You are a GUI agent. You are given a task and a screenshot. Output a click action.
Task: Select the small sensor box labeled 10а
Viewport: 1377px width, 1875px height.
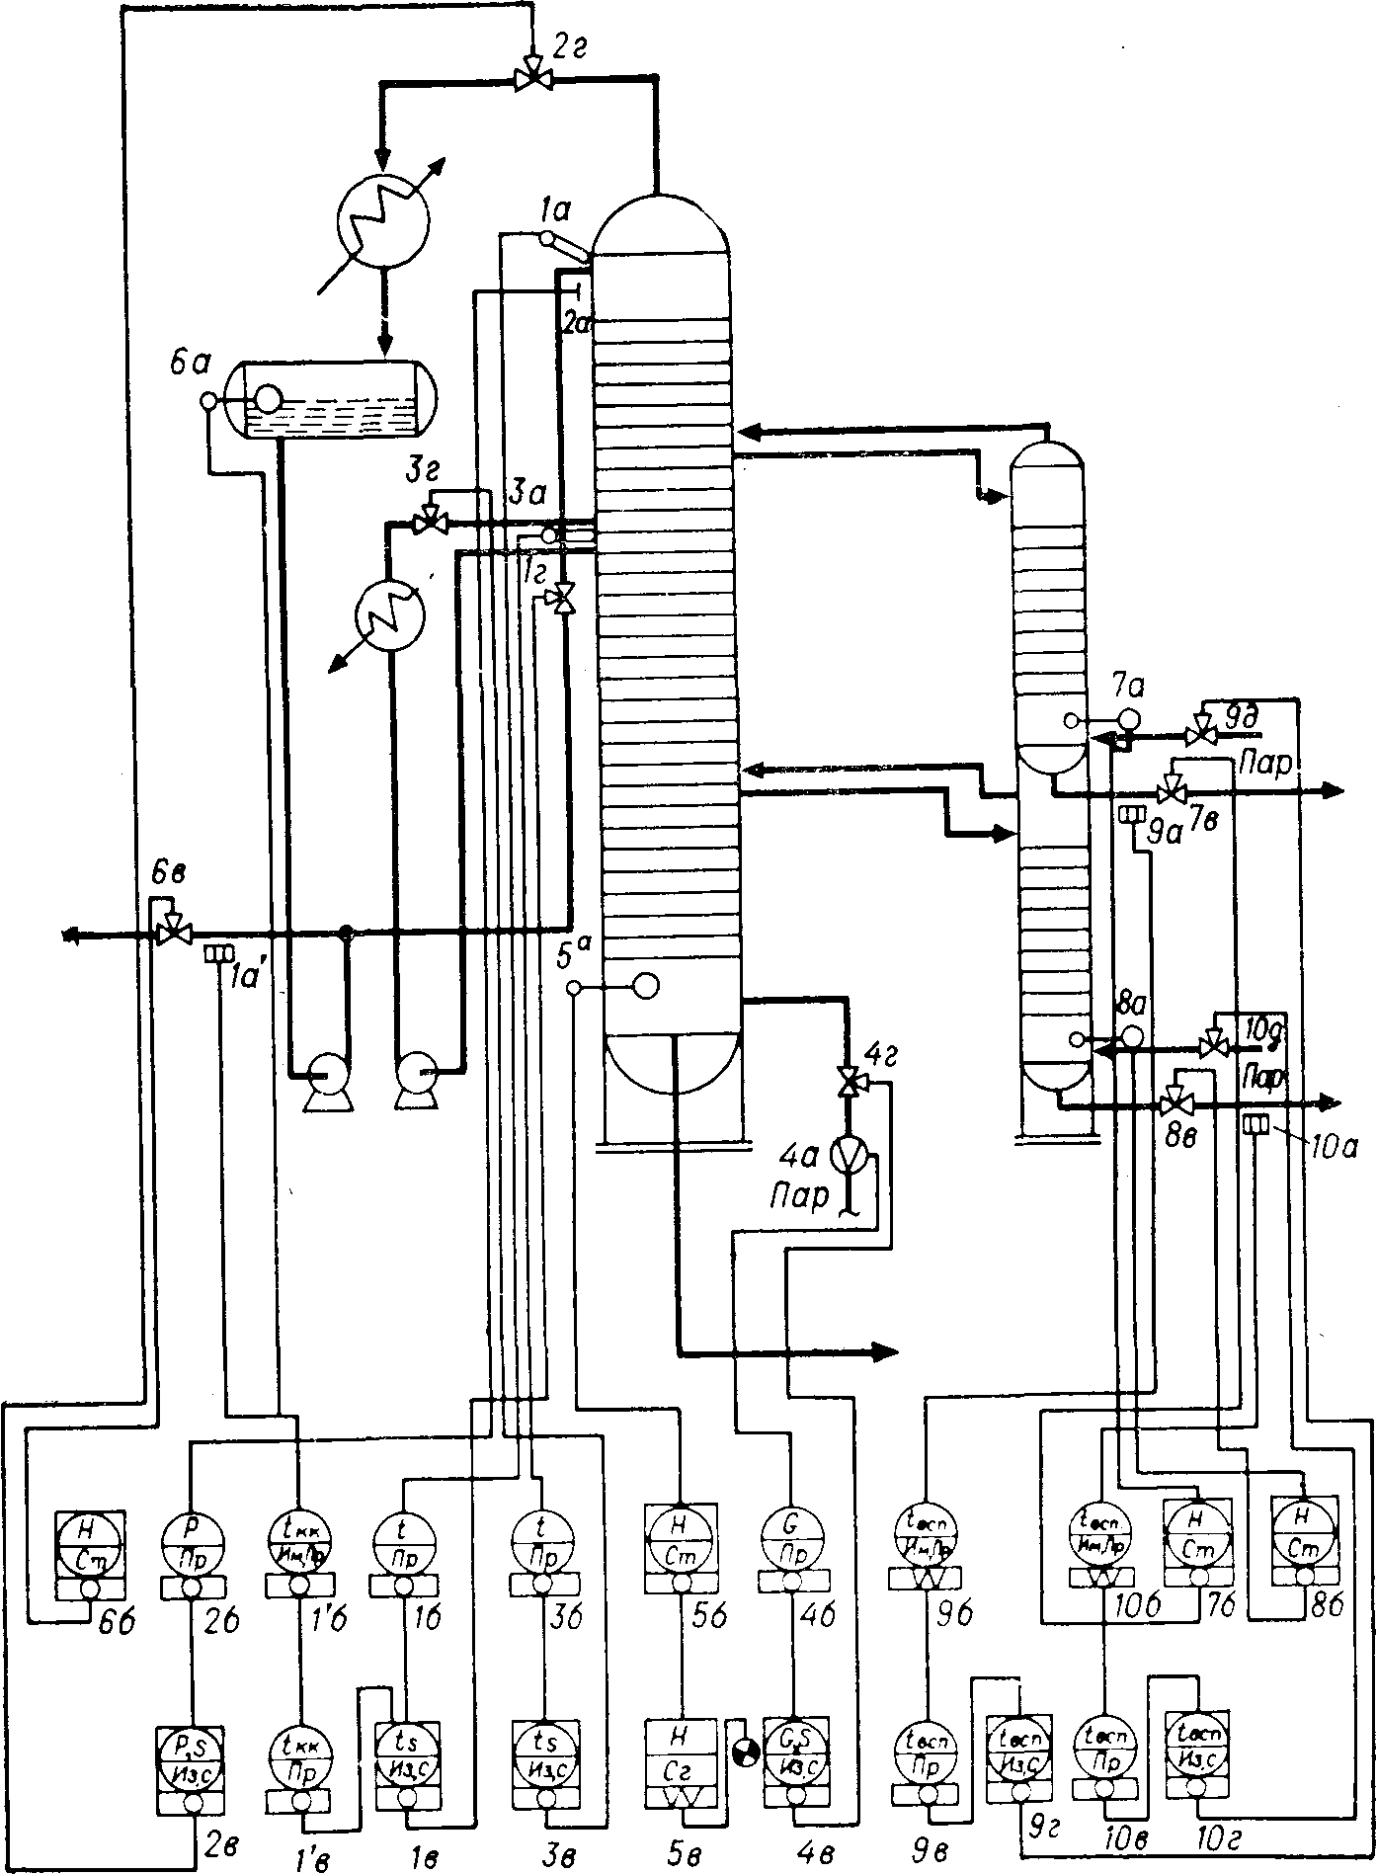[x=1255, y=1124]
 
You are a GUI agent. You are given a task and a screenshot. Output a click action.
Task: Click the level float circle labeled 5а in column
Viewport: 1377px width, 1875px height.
[x=646, y=985]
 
